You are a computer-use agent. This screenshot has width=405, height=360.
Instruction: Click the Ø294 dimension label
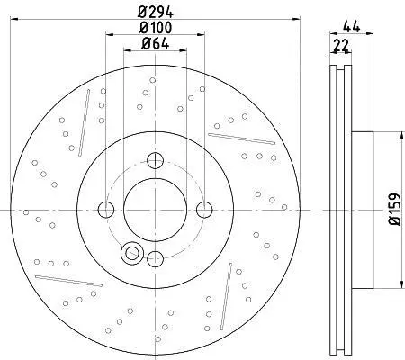(155, 12)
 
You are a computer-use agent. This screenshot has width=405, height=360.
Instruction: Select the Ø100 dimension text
(156, 28)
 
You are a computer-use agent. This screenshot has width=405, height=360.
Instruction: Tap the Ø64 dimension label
(155, 44)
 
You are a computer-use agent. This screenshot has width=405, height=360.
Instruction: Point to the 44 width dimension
(352, 27)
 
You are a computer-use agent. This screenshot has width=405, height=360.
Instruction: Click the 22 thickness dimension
(341, 45)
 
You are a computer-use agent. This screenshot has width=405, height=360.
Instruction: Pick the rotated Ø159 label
(394, 210)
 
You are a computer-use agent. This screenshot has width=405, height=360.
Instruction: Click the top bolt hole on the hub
(155, 160)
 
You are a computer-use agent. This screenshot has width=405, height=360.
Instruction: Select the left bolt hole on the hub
(106, 210)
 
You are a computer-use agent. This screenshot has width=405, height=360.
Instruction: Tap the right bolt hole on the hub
(204, 210)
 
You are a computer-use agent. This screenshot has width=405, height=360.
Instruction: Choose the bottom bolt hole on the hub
(155, 258)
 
